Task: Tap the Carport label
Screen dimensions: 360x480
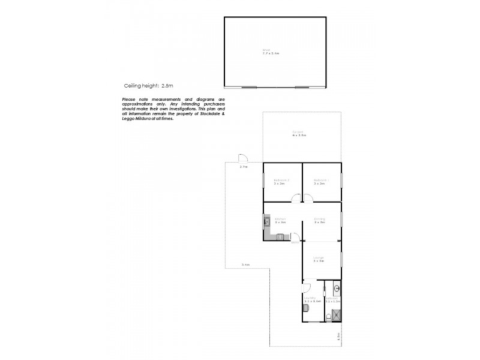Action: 299,133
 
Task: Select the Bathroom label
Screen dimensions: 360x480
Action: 332,298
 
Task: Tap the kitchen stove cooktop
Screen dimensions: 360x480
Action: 280,238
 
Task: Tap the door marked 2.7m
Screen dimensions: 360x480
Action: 243,158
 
